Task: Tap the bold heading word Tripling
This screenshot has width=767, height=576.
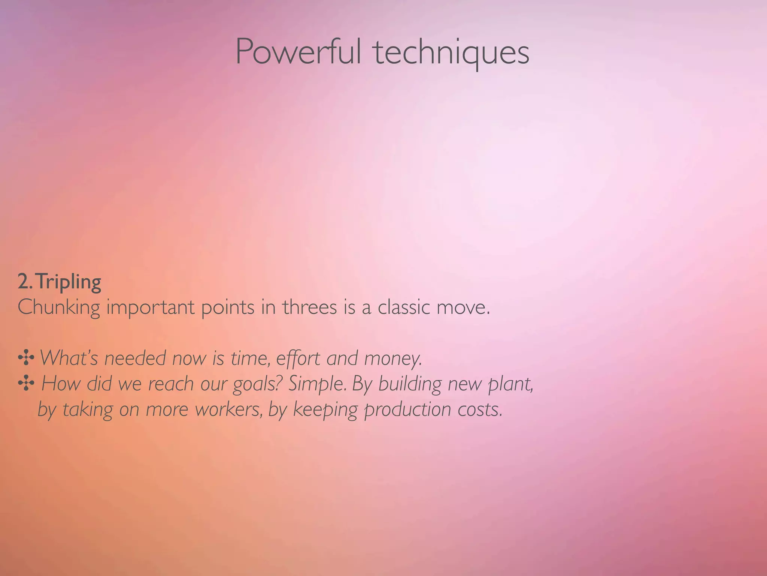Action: (x=69, y=282)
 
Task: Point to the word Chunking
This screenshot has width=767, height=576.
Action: (x=59, y=307)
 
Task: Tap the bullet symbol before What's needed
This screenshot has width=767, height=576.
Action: (x=26, y=358)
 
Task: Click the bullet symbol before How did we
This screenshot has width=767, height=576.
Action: (x=26, y=384)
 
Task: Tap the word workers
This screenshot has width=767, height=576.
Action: (x=228, y=409)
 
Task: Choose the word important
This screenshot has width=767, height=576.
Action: (x=151, y=307)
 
